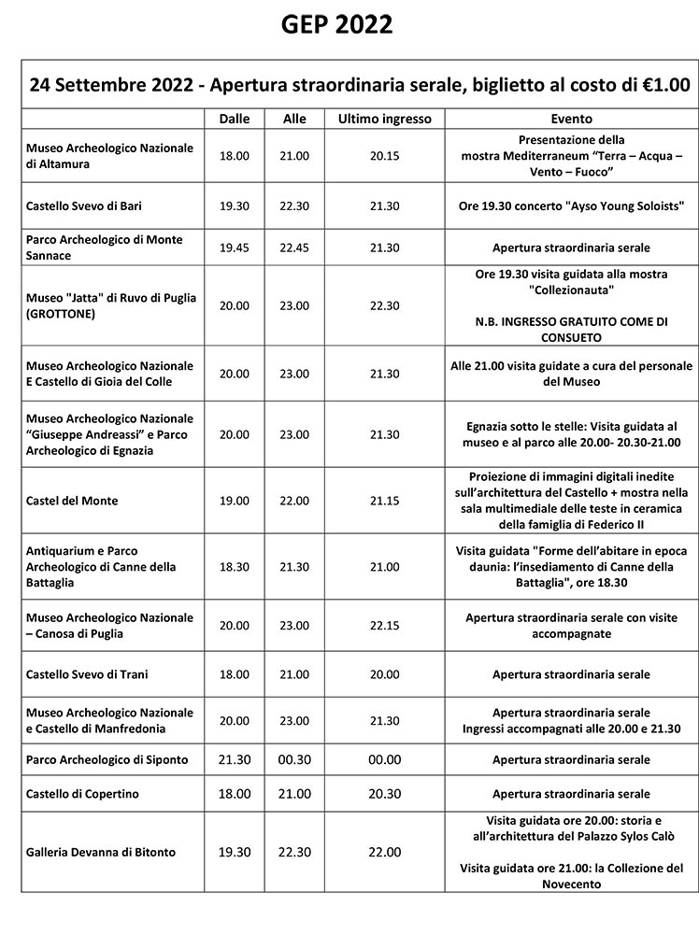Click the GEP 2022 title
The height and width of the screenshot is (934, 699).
[337, 24]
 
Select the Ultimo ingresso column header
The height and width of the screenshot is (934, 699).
[384, 120]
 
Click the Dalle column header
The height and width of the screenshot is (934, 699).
[235, 120]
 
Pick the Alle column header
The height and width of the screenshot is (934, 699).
[294, 120]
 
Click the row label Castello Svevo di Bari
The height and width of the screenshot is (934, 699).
[84, 205]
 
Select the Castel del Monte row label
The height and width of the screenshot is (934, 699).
[72, 501]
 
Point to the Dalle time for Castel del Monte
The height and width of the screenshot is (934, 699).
[235, 501]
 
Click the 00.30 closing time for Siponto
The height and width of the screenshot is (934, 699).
[294, 759]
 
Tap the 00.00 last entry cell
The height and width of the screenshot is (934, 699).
[384, 759]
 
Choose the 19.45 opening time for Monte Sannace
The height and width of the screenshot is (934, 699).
[235, 248]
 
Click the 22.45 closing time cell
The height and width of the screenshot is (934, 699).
[294, 248]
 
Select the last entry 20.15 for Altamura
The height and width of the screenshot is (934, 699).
[384, 156]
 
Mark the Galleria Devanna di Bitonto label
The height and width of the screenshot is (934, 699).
[101, 852]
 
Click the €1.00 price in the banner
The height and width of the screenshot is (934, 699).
[659, 85]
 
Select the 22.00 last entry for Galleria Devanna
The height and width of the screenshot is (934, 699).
[384, 852]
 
